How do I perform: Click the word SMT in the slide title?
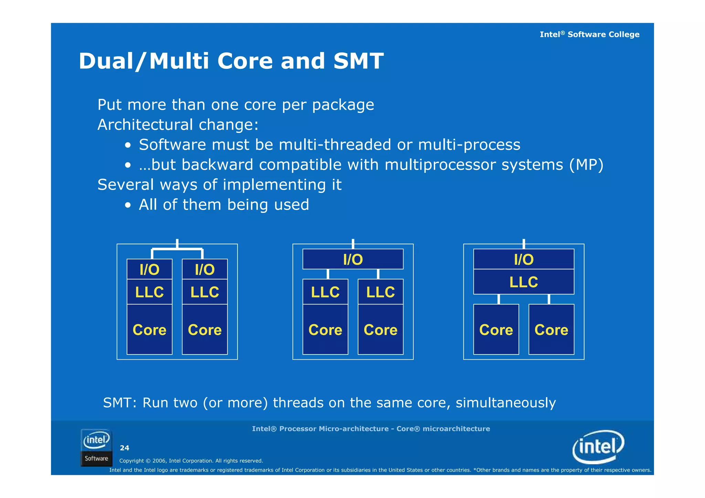358,61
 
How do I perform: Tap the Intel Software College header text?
589,34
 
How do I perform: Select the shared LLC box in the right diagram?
523,282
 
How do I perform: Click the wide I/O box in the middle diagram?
352,259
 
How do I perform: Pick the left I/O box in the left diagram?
149,269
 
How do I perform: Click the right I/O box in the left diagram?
204,269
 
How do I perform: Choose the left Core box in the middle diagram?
325,329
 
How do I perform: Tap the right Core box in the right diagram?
551,329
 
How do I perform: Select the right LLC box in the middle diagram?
380,292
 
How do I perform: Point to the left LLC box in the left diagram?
149,292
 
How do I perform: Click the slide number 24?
124,448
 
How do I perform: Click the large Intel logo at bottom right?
598,446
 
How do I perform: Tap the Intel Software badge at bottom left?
96,447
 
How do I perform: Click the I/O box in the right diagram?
523,259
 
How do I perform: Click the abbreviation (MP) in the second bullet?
586,165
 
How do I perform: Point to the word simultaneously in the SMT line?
505,403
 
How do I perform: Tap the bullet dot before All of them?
128,205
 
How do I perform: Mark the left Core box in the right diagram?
496,329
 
